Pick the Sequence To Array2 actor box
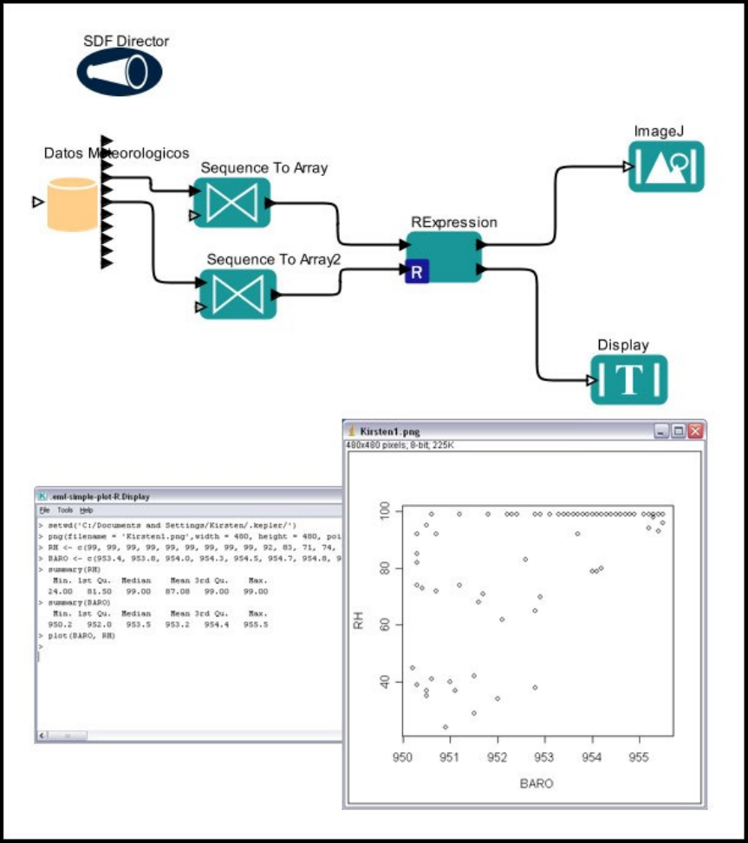click(237, 293)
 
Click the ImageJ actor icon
click(666, 166)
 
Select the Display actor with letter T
click(629, 379)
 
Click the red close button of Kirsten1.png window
click(695, 431)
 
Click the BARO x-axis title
click(537, 782)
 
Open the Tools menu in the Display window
click(65, 511)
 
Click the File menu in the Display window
click(44, 511)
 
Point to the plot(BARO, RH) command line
click(80, 636)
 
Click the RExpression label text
click(454, 223)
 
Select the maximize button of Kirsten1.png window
click(679, 431)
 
